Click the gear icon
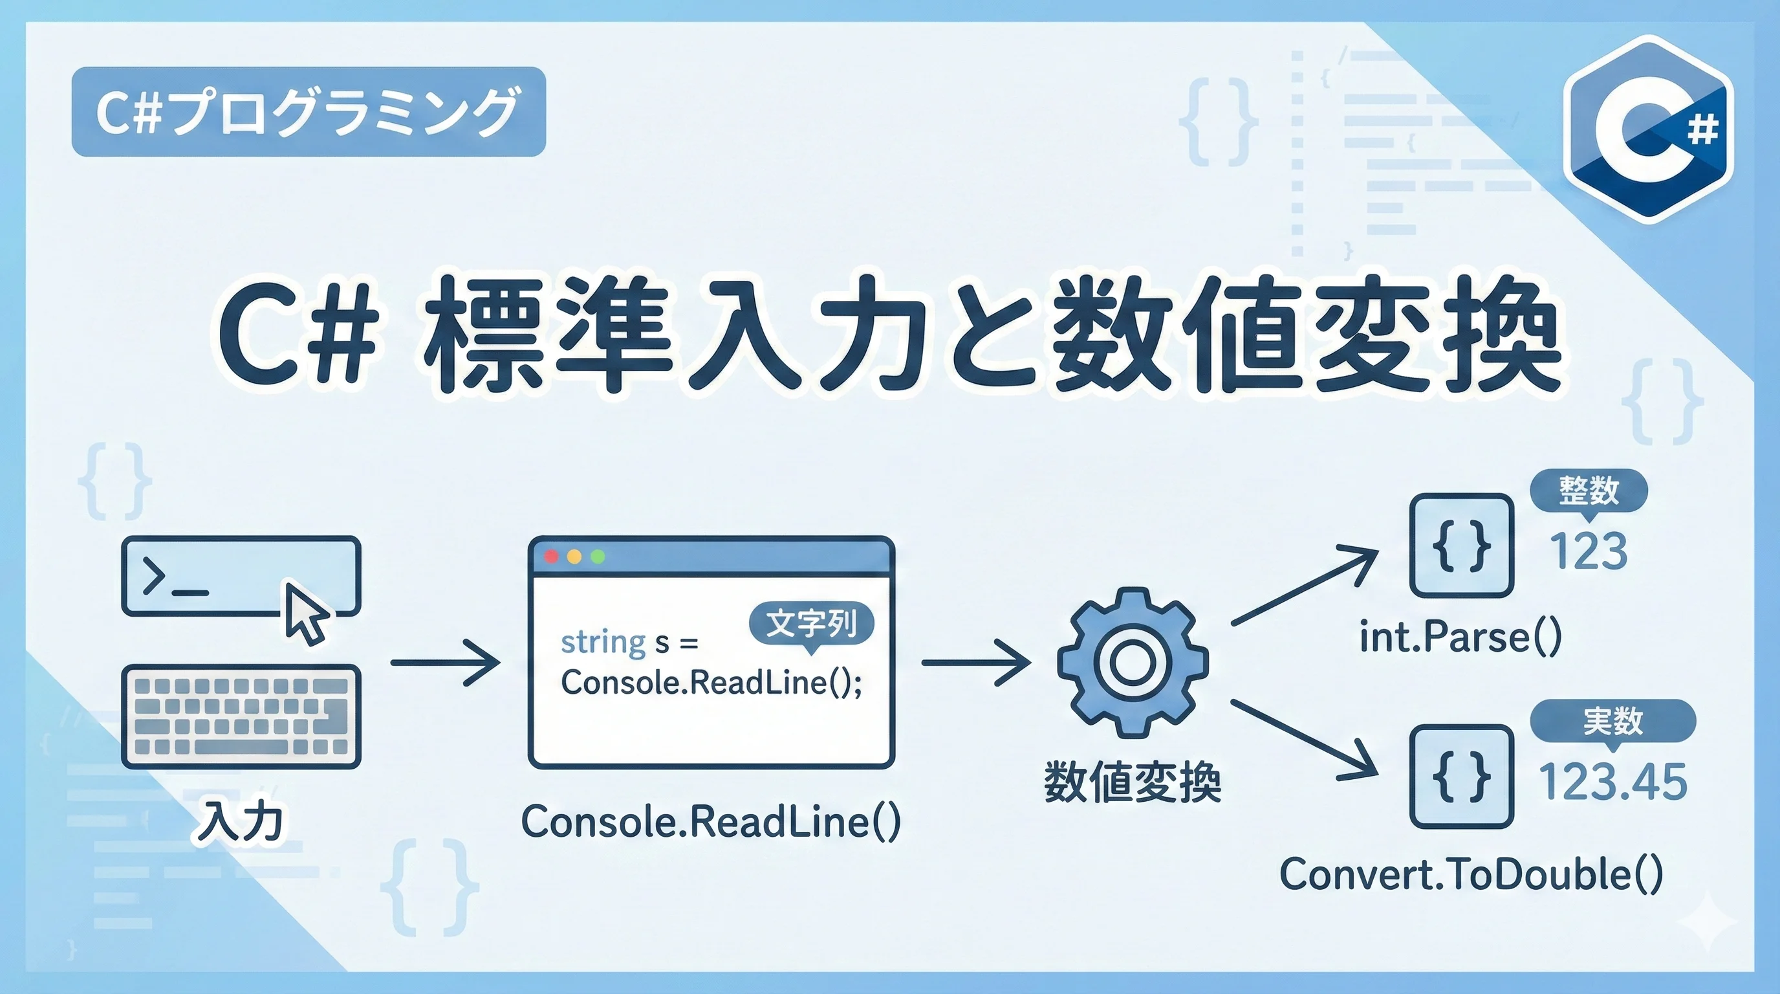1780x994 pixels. coord(1133,662)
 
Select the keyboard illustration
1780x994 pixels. coord(241,717)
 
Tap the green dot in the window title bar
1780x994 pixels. coord(598,557)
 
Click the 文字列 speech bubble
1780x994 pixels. coord(811,623)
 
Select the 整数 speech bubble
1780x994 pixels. coord(1589,491)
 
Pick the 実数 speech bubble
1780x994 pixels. coord(1612,722)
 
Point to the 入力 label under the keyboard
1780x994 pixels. coord(241,822)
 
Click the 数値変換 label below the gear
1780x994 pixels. coord(1133,782)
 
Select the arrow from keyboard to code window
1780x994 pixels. coord(446,662)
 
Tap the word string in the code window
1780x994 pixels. coord(603,643)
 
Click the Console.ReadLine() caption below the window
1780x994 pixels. coord(711,822)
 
